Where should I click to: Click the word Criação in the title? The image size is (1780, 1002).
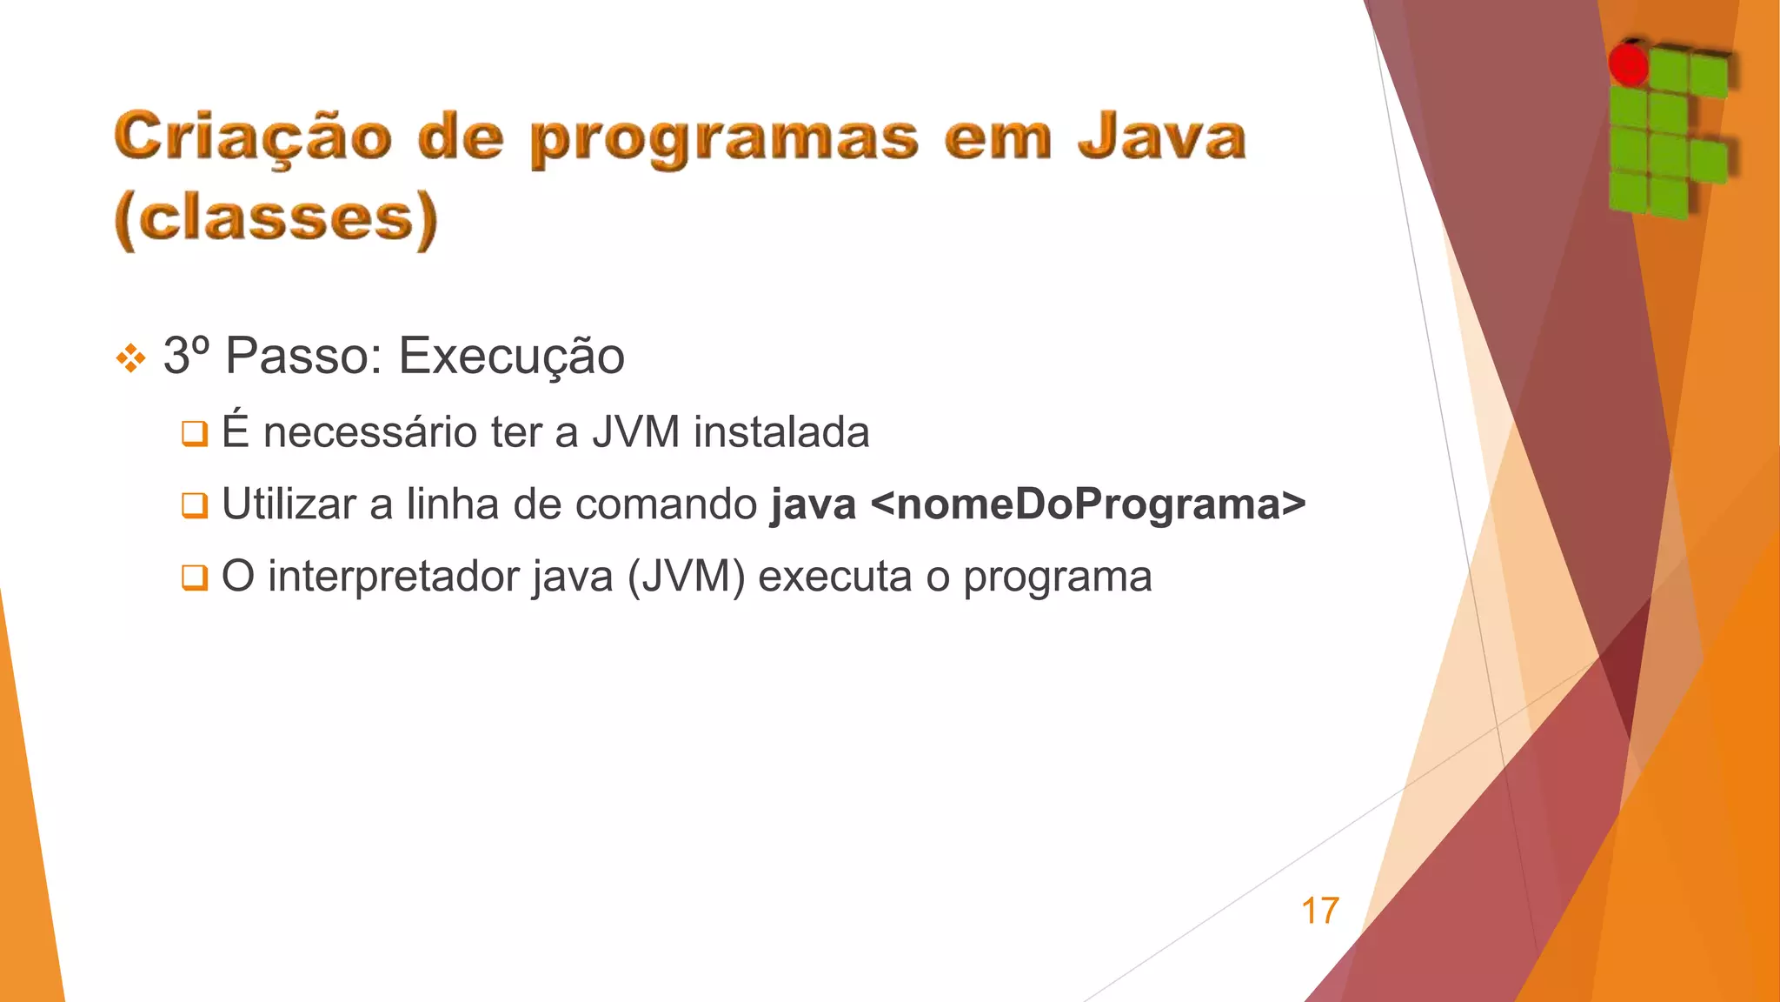click(253, 137)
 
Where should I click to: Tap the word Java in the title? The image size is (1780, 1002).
click(1161, 137)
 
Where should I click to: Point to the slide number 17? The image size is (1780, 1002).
click(1319, 911)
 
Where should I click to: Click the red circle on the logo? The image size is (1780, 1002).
click(1628, 64)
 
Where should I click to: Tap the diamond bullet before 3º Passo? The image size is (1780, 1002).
click(130, 357)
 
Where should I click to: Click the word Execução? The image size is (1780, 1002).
click(511, 357)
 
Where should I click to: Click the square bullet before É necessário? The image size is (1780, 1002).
click(195, 433)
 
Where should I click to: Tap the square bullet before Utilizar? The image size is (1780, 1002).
click(195, 505)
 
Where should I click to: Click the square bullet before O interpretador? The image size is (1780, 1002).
click(195, 578)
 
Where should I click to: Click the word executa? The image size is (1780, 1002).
click(834, 578)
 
